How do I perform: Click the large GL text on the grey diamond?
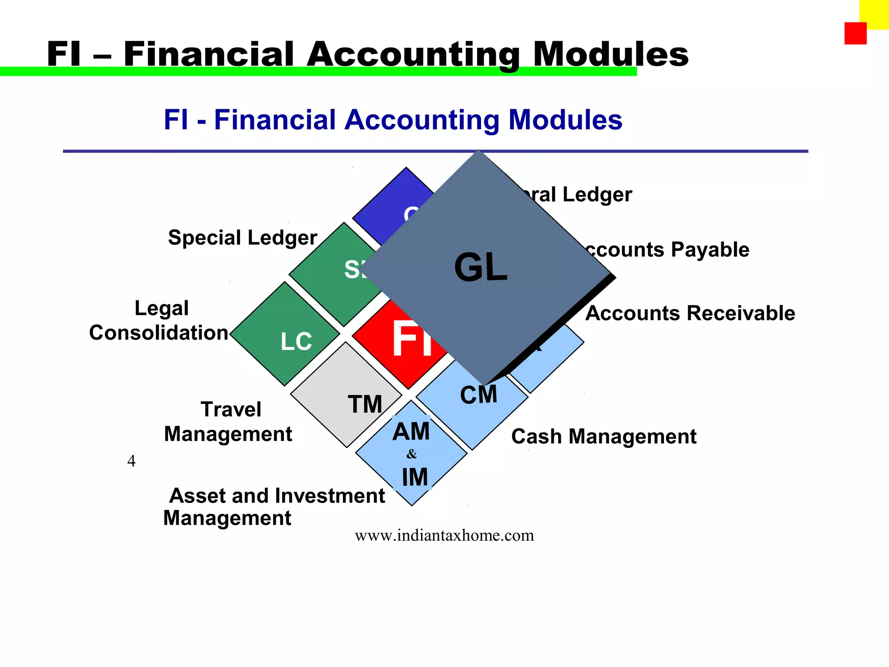pos(481,267)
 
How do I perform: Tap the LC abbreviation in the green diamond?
pos(296,341)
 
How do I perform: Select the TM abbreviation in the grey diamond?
pos(365,404)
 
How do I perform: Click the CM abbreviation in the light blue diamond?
pos(478,395)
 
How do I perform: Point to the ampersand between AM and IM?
pos(412,454)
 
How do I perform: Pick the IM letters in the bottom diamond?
pos(415,477)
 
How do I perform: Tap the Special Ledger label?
pos(242,238)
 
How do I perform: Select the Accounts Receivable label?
pos(690,313)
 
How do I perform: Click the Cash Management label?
pos(603,436)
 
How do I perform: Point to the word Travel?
pos(231,409)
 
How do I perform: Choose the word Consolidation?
pos(158,333)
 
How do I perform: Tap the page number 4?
pos(131,461)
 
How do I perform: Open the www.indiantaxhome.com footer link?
pos(444,535)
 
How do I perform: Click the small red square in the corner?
pos(855,33)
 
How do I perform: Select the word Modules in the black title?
pos(610,54)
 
